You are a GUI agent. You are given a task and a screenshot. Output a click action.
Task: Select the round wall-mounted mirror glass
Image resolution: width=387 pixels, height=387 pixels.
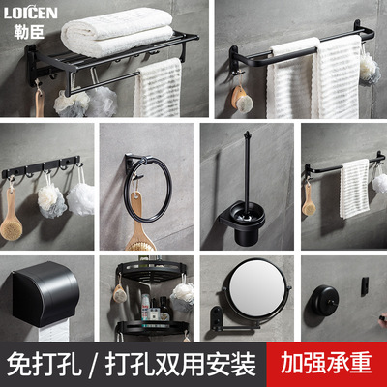coord(251,298)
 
